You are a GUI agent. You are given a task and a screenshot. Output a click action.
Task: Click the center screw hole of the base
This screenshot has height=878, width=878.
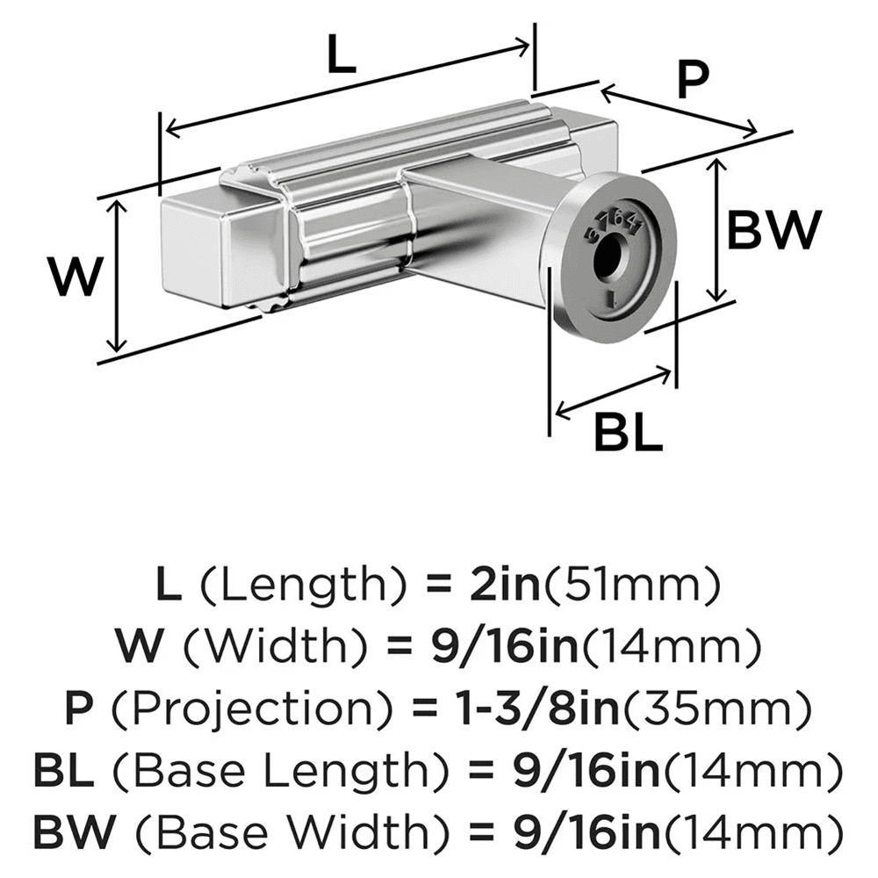pyautogui.click(x=608, y=257)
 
